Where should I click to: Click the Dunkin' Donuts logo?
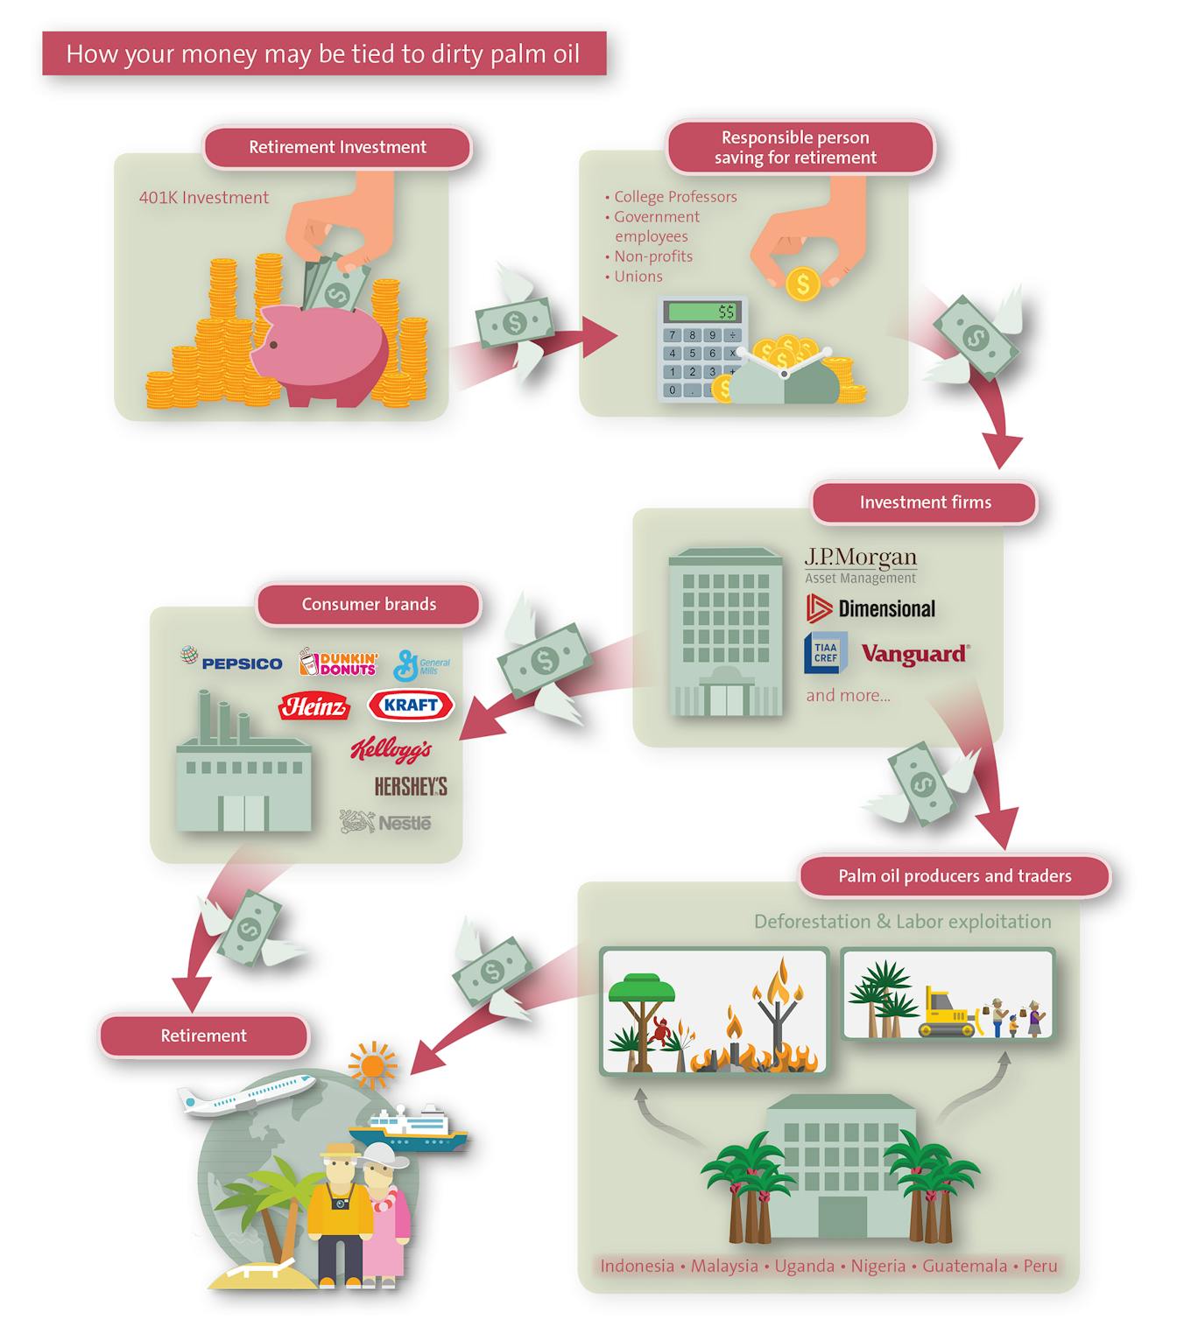pos(338,662)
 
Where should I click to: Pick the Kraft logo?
pos(411,705)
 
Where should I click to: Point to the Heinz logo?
pos(314,706)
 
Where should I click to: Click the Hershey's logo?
pos(411,786)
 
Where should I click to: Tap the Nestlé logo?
pos(384,821)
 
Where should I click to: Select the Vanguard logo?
pos(915,653)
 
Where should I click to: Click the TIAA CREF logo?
pos(825,653)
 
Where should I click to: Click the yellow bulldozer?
pos(948,1012)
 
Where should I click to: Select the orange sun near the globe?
pos(372,1064)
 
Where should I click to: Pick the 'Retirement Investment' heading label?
pos(338,147)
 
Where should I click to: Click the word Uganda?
pos(804,1266)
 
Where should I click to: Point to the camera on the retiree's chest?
pos(342,1204)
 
